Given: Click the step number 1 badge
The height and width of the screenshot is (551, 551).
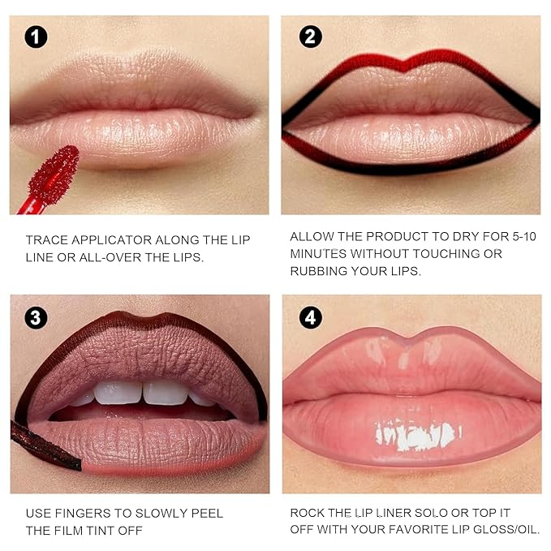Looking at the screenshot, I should coord(36,37).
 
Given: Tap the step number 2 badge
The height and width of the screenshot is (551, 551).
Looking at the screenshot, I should coord(310,37).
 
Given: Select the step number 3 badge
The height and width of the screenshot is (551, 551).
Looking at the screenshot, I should coord(36,317).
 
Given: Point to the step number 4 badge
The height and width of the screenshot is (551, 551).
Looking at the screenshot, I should coord(310,317).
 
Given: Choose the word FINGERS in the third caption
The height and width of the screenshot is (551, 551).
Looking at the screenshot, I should coord(89,514).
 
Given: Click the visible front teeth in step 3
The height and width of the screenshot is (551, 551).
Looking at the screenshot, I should coord(143,394).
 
